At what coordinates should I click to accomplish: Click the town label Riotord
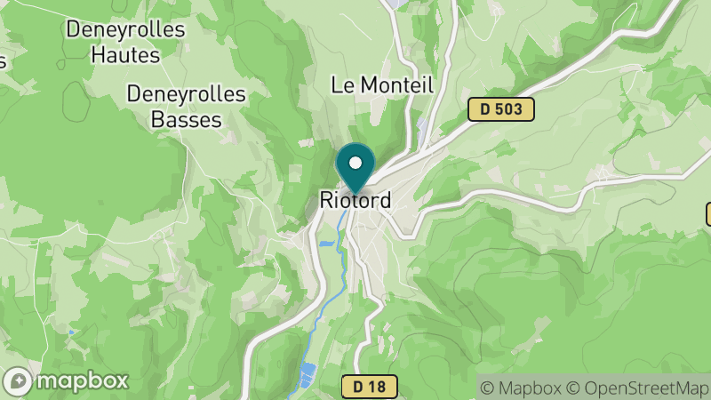pyautogui.click(x=355, y=202)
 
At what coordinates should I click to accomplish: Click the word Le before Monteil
pyautogui.click(x=342, y=85)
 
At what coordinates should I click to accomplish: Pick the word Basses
pyautogui.click(x=174, y=118)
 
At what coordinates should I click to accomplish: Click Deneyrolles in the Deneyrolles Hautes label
pyautogui.click(x=125, y=29)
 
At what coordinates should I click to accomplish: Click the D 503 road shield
pyautogui.click(x=501, y=109)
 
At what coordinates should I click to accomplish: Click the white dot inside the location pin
pyautogui.click(x=356, y=163)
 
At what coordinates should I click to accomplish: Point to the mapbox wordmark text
pyautogui.click(x=82, y=381)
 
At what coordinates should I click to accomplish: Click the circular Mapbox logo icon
pyautogui.click(x=18, y=381)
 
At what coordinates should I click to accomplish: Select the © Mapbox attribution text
pyautogui.click(x=522, y=387)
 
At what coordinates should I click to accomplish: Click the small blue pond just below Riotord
pyautogui.click(x=326, y=241)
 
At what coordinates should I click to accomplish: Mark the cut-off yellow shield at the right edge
pyautogui.click(x=708, y=213)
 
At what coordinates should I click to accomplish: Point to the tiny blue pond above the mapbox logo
pyautogui.click(x=70, y=332)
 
